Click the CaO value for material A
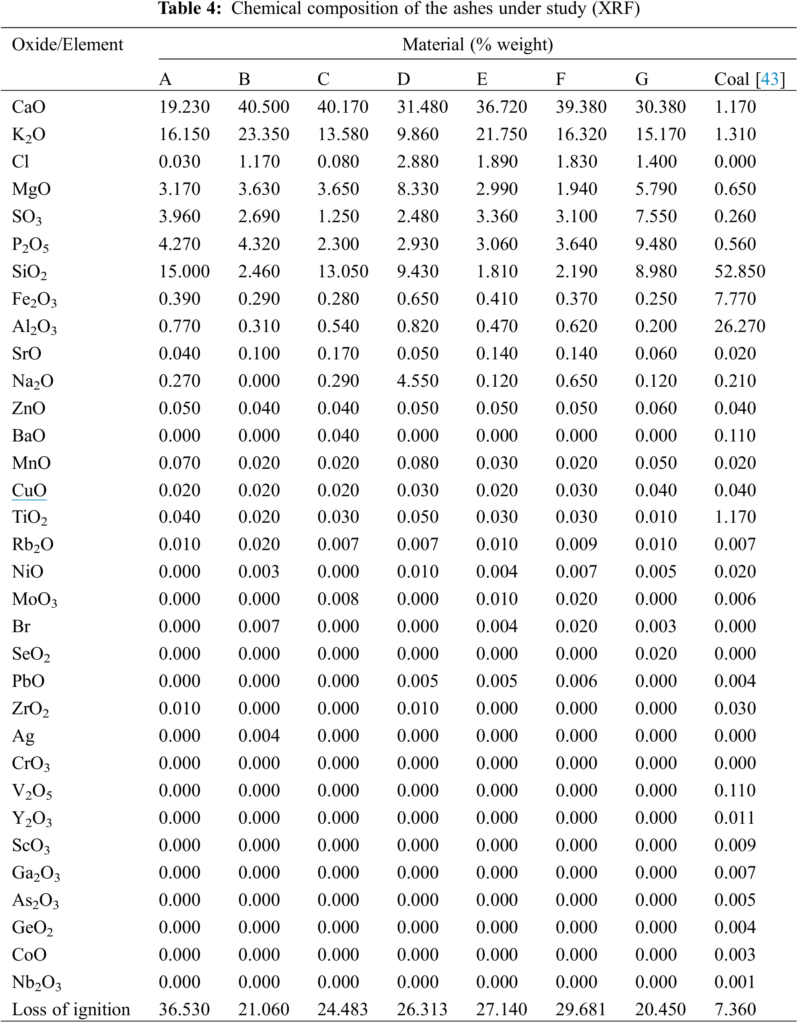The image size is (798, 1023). pyautogui.click(x=184, y=107)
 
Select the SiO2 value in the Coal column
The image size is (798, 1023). pyautogui.click(x=740, y=271)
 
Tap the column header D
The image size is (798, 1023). pyautogui.click(x=403, y=79)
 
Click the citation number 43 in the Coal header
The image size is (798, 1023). pyautogui.click(x=769, y=79)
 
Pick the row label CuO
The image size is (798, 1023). pyautogui.click(x=29, y=490)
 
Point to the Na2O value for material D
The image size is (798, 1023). pyautogui.click(x=417, y=380)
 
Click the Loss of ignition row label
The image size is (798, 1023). pyautogui.click(x=71, y=1010)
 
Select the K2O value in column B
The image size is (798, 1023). pyautogui.click(x=264, y=134)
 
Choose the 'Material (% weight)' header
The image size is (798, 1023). pyautogui.click(x=477, y=45)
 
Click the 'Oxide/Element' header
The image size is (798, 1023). pyautogui.click(x=67, y=45)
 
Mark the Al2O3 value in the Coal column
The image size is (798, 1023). pyautogui.click(x=740, y=326)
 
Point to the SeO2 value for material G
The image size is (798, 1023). pyautogui.click(x=656, y=653)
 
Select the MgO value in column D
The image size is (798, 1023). pyautogui.click(x=417, y=189)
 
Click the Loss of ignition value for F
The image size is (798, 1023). pyautogui.click(x=581, y=1010)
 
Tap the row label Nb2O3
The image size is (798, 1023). pyautogui.click(x=36, y=982)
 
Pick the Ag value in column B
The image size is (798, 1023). pyautogui.click(x=259, y=735)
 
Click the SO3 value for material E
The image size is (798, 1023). pyautogui.click(x=497, y=216)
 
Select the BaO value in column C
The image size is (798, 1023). pyautogui.click(x=338, y=435)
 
